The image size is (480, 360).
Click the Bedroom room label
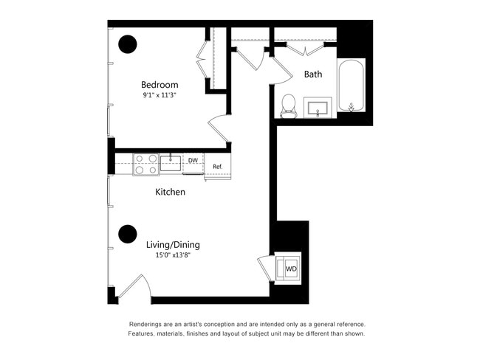[x=160, y=84]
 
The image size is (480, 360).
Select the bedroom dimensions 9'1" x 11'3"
[x=160, y=95]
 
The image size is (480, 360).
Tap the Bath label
[x=313, y=75]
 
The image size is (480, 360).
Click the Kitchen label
[x=170, y=192]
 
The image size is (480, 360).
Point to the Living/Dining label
[x=173, y=245]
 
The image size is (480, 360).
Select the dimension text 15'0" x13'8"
[x=173, y=256]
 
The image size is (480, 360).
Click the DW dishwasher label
[x=193, y=160]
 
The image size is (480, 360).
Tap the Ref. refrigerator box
[x=218, y=167]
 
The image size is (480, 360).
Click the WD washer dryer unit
[x=290, y=268]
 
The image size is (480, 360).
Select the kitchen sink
[x=171, y=163]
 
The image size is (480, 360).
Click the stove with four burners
[x=145, y=164]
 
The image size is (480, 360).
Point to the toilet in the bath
[x=288, y=105]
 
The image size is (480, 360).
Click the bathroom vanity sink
[x=319, y=108]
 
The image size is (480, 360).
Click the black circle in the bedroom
[x=128, y=44]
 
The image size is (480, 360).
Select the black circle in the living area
[x=128, y=234]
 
